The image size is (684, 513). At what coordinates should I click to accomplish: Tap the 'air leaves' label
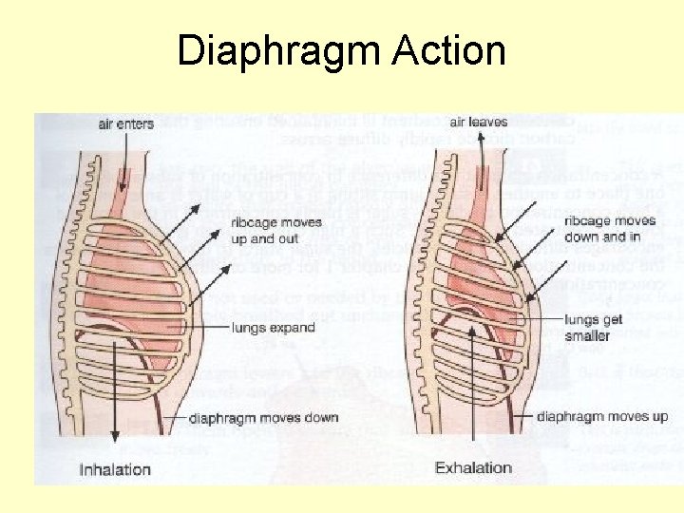[x=479, y=122]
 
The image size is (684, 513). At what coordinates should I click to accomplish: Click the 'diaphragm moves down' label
[x=263, y=418]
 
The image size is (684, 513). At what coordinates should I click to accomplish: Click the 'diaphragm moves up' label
[x=602, y=416]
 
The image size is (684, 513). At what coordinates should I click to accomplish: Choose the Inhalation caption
[x=115, y=468]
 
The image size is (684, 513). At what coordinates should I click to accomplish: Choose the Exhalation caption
[x=473, y=467]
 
